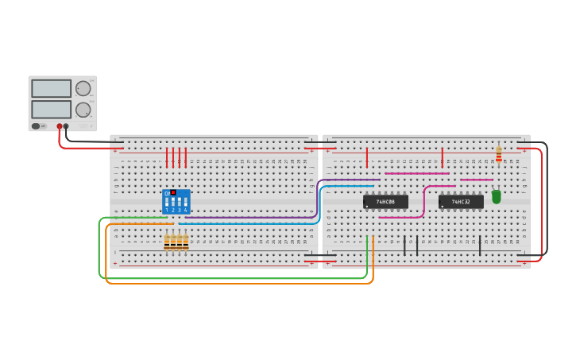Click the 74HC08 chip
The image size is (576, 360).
point(385,202)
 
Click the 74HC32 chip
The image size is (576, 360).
point(461,202)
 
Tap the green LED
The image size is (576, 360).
point(497,196)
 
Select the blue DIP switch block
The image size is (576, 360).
point(176,202)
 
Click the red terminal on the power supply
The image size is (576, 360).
point(60,126)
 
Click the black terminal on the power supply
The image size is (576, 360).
point(66,126)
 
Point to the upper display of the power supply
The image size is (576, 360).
point(51,88)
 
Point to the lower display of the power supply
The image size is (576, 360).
point(51,109)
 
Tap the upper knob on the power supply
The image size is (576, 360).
point(83,88)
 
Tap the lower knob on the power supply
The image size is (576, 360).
point(83,110)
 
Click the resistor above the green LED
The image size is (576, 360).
point(499,153)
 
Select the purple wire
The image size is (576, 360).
point(254,217)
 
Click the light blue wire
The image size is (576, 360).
point(254,223)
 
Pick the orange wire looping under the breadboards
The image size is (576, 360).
point(238,283)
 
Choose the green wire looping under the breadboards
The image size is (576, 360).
point(238,277)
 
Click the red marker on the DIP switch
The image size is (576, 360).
point(173,192)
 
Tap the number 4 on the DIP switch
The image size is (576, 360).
point(185,210)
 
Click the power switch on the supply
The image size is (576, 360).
point(36,126)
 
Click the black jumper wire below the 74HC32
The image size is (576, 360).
point(480,245)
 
